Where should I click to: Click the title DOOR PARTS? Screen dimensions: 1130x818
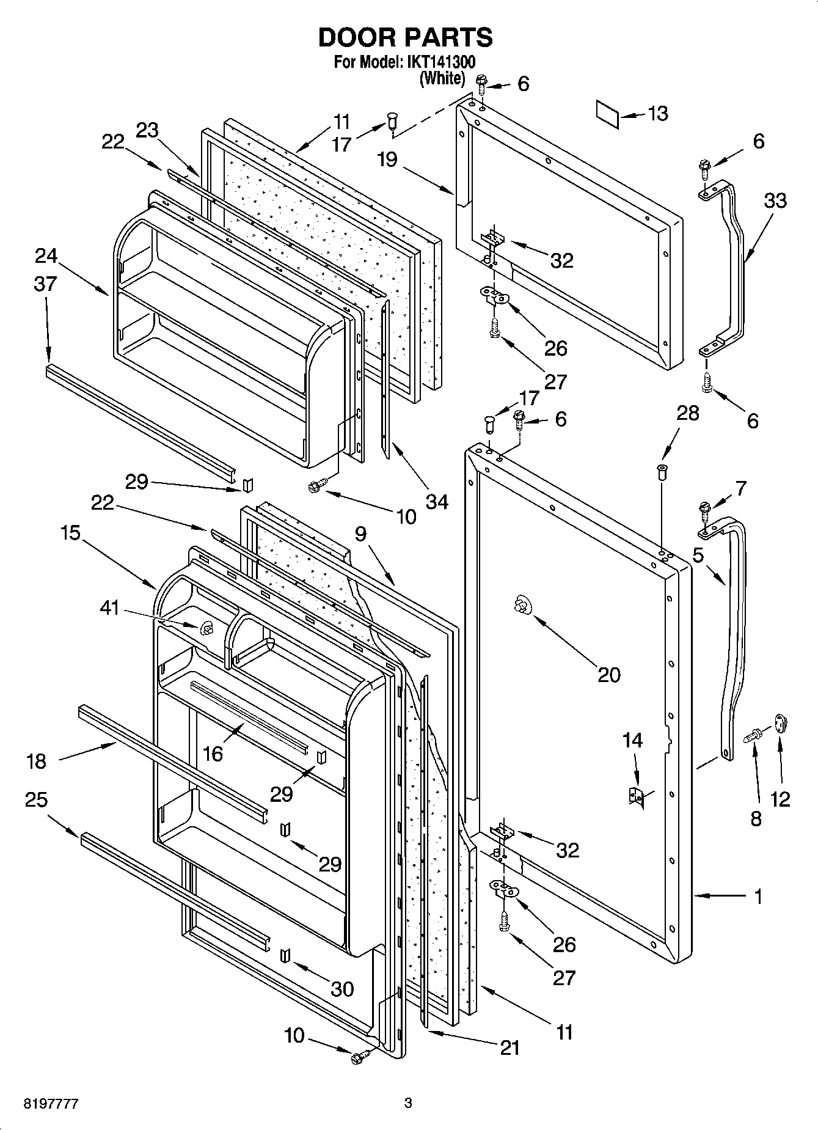click(405, 38)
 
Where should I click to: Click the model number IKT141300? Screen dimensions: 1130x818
click(439, 62)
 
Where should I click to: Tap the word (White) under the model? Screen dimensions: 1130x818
click(442, 78)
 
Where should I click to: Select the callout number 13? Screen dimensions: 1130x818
click(657, 114)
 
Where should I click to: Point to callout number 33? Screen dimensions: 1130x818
click(775, 200)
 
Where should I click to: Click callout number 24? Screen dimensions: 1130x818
click(46, 255)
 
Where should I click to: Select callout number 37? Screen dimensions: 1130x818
click(46, 284)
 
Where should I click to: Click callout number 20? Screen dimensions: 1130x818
click(608, 675)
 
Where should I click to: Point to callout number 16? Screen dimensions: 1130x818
click(213, 754)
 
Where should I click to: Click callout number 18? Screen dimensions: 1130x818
click(37, 761)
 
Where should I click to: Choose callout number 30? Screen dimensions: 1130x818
click(341, 989)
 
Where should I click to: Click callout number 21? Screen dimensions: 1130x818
click(509, 1047)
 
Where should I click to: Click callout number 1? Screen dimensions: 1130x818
click(758, 897)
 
